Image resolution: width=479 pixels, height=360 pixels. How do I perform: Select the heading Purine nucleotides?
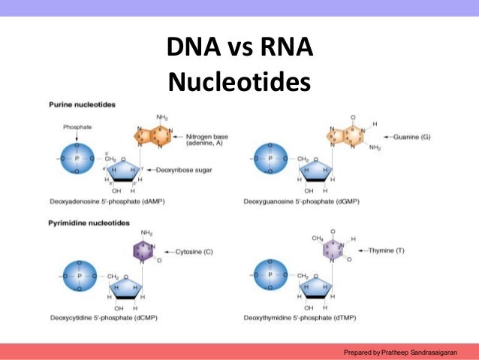coord(83,104)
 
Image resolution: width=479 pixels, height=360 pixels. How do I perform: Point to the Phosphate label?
coord(77,127)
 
